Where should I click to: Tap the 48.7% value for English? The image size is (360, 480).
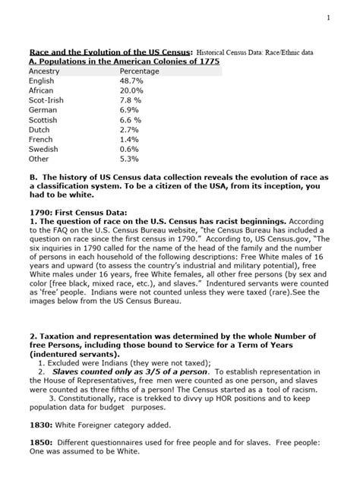click(x=132, y=81)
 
